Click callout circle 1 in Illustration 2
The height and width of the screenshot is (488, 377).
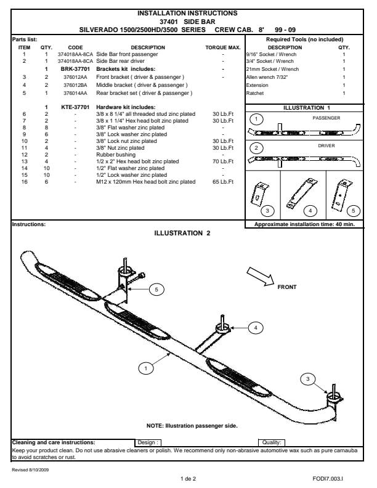pyautogui.click(x=146, y=368)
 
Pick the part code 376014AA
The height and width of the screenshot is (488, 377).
pyautogui.click(x=75, y=93)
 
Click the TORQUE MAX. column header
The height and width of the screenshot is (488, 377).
pyautogui.click(x=223, y=47)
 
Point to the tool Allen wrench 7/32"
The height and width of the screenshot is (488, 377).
pyautogui.click(x=268, y=78)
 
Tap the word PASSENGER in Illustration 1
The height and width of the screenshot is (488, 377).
pyautogui.click(x=326, y=117)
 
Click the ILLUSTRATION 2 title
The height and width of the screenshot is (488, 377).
pyautogui.click(x=182, y=233)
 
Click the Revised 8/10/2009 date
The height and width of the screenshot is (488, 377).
pyautogui.click(x=30, y=469)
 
